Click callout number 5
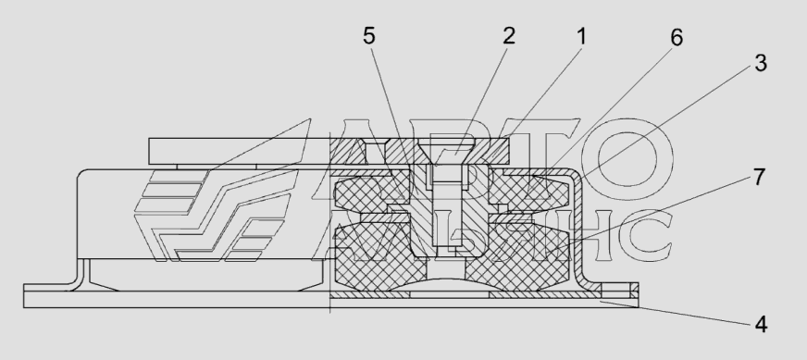369,36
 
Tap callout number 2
508,36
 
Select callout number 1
581,37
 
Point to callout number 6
677,38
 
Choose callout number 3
761,63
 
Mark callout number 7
760,177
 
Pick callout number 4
762,325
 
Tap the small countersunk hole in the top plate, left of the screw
375,151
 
